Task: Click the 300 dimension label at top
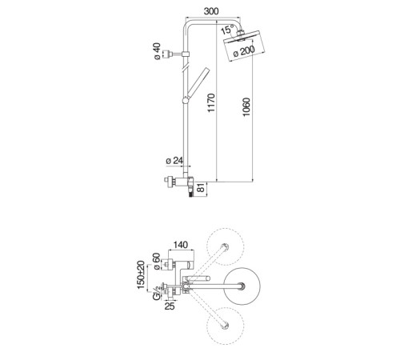[x=211, y=11]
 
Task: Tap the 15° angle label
[x=227, y=30]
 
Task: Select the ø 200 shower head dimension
[x=244, y=51]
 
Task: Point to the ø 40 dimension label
[x=157, y=51]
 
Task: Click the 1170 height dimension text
[x=211, y=102]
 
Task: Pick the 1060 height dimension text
[x=246, y=107]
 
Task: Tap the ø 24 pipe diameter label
[x=174, y=161]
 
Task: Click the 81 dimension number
[x=202, y=187]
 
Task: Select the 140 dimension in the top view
[x=181, y=245]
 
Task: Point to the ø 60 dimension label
[x=157, y=262]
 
